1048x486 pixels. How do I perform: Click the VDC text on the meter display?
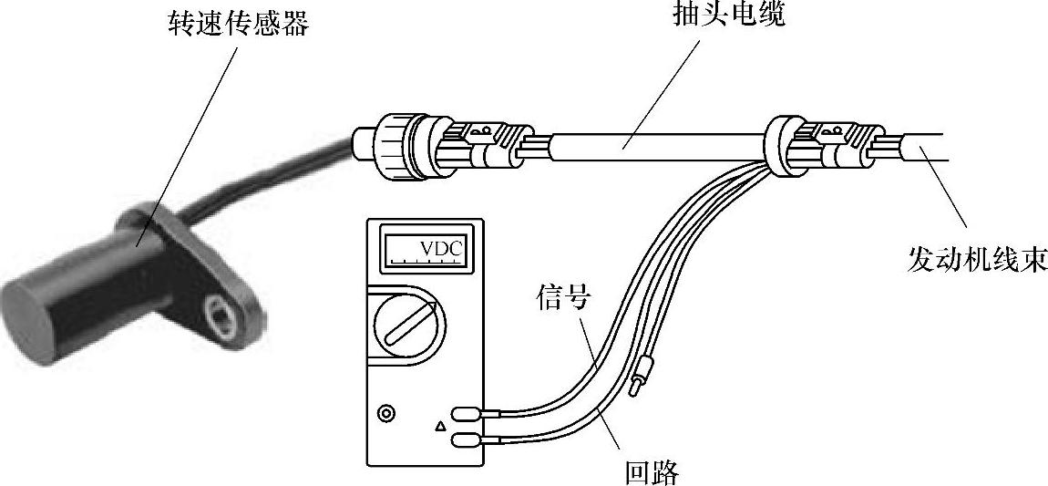[x=441, y=247]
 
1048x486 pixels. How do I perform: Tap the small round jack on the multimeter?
[x=388, y=414]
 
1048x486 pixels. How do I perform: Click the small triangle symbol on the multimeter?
[x=441, y=425]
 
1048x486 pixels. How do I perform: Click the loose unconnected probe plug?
[x=642, y=375]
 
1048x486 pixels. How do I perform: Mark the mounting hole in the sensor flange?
[x=220, y=312]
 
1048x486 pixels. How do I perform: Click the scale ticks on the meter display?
[x=425, y=261]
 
